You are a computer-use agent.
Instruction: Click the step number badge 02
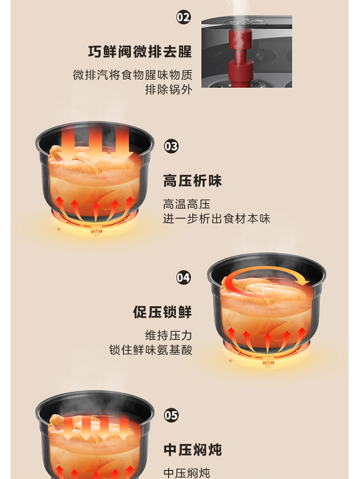183,17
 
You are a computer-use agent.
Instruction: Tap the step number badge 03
171,147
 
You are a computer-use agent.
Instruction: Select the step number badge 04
183,278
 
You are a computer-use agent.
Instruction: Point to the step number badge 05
171,416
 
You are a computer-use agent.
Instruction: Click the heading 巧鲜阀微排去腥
140,51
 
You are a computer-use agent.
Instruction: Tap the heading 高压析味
192,181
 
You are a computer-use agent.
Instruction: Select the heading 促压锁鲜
162,312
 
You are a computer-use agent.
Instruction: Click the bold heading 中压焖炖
192,450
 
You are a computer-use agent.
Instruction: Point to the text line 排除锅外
168,90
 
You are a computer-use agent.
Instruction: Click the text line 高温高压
186,204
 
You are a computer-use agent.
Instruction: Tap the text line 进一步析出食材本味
216,219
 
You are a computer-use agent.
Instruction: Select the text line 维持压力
168,335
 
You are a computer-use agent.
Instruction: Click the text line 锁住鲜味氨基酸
151,350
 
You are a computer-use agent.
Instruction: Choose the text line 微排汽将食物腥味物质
132,75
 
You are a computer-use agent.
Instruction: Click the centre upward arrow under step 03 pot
96,212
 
